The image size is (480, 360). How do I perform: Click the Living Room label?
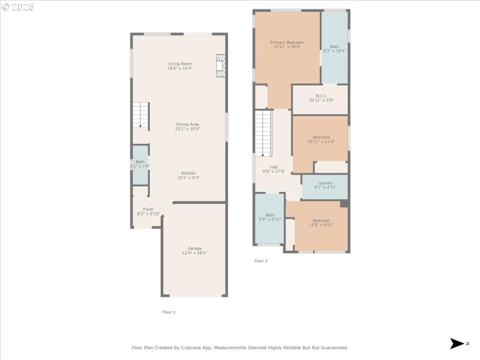[179, 64]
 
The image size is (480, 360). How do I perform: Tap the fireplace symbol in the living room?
[221, 66]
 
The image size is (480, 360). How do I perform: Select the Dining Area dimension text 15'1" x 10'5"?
[187, 129]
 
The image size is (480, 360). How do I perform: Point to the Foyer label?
[148, 209]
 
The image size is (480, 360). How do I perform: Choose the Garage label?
[194, 248]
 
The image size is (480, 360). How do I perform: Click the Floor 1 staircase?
[140, 115]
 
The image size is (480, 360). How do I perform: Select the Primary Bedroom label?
[287, 43]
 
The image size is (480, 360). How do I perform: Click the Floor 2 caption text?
[261, 261]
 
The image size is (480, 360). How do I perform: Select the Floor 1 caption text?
[169, 312]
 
